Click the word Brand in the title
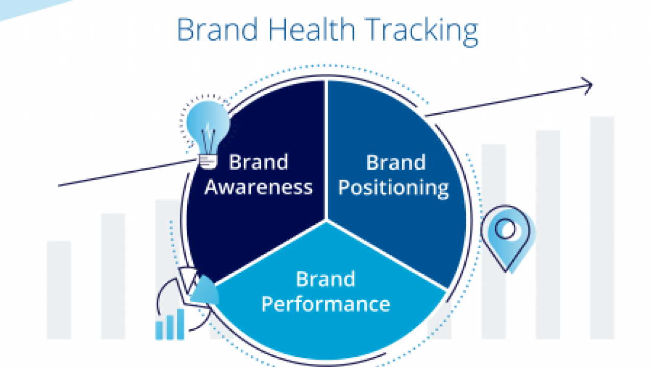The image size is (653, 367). tap(217, 30)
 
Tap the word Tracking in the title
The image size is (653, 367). tap(421, 32)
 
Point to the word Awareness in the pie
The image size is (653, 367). tap(259, 187)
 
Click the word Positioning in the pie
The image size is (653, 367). tap(393, 189)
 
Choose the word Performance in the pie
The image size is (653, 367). tap(326, 304)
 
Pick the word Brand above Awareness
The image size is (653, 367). tap(259, 162)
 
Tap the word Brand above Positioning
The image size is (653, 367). tap(396, 162)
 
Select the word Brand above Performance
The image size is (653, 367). tap(325, 279)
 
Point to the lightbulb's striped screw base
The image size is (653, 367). tap(208, 162)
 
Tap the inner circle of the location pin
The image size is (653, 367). tap(506, 229)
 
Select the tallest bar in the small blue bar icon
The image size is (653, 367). tap(181, 324)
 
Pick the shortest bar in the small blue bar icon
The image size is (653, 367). tap(159, 330)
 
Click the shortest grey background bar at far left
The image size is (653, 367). tap(59, 290)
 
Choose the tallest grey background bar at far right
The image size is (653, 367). tap(602, 227)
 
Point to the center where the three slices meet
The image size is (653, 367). tap(326, 220)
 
